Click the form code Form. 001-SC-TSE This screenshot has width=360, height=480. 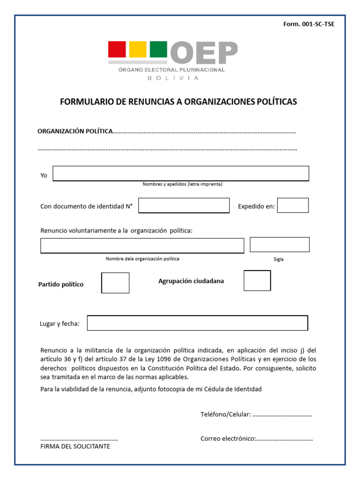point(308,24)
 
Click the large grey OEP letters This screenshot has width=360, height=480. point(204,52)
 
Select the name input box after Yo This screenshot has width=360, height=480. point(181,173)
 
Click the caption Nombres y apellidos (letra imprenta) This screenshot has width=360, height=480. point(182,184)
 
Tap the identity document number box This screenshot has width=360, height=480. point(184,205)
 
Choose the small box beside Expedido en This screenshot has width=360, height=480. point(293,205)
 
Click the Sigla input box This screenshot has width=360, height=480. point(279,245)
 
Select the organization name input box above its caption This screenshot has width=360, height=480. point(142,246)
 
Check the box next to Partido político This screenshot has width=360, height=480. point(115,283)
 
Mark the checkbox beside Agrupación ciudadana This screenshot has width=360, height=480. point(257,280)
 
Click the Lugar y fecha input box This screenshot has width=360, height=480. point(197,323)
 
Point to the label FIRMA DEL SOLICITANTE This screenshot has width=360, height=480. point(75,447)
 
